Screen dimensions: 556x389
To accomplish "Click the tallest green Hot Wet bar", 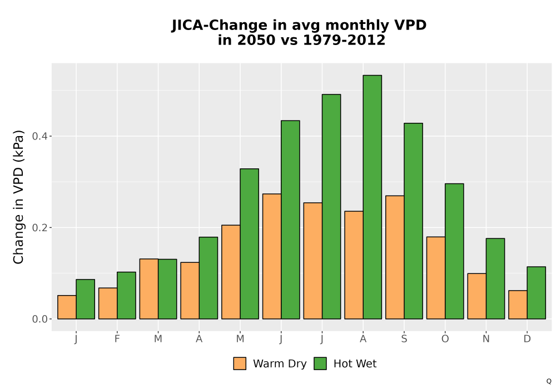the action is coord(373,197).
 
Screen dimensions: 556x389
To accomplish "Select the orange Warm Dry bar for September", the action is coord(395,257).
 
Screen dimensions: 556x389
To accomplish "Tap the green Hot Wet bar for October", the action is coord(454,251).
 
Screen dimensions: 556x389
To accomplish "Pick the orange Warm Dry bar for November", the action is coord(477,296).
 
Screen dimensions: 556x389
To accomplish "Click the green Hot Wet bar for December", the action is coord(536,293).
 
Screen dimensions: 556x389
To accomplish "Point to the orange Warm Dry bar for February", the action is coord(108,303).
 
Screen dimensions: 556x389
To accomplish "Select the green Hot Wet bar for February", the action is coord(126,296).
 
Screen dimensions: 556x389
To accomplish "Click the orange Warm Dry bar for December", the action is coord(518,305).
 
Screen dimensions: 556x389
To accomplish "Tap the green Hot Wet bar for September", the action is coord(413,221).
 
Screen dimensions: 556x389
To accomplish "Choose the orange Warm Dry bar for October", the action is coord(436,278).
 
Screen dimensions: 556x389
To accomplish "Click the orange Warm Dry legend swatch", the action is coord(240,363).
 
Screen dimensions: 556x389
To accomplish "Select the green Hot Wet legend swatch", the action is coord(320,363).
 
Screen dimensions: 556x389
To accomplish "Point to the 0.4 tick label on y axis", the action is coord(39,136).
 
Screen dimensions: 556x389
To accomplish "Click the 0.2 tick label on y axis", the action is coord(39,227).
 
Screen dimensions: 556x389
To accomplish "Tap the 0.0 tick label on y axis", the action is coord(39,319).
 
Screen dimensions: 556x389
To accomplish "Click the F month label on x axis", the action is coord(117,339).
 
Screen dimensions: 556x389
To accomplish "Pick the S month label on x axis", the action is coord(404,339).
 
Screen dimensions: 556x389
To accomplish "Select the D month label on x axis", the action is coord(527,339).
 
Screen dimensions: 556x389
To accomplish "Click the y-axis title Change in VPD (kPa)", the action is coord(18,197).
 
